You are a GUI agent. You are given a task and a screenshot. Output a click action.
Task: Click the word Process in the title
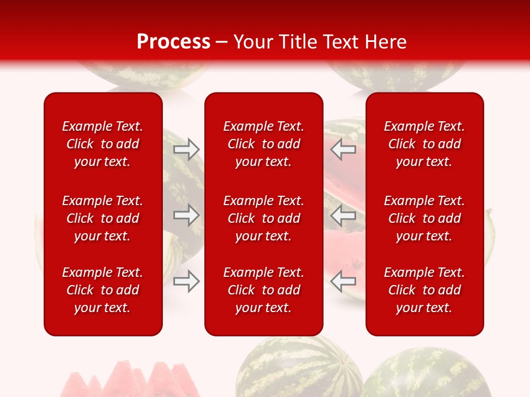173,42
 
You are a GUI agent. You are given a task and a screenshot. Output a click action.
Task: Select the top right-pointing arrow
187,149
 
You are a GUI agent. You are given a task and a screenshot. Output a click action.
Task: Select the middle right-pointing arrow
187,215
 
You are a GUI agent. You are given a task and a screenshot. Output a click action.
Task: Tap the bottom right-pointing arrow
187,281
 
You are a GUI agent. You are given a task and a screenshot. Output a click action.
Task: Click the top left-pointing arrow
343,149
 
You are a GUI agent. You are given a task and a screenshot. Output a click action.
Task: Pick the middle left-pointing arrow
343,215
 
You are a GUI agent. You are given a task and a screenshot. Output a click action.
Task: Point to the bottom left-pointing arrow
343,281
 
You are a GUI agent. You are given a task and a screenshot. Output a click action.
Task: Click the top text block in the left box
103,144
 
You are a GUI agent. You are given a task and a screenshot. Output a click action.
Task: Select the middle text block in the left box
103,218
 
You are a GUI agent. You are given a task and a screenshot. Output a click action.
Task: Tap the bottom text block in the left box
103,290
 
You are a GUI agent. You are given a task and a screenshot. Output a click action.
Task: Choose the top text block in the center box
263,144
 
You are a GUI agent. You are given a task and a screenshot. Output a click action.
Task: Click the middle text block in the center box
263,218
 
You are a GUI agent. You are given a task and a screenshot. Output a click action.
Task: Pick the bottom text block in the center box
263,290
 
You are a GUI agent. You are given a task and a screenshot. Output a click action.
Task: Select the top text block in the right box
424,144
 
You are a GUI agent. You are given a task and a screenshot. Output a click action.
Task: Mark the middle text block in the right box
424,218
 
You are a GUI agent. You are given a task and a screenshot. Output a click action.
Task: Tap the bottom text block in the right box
424,290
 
